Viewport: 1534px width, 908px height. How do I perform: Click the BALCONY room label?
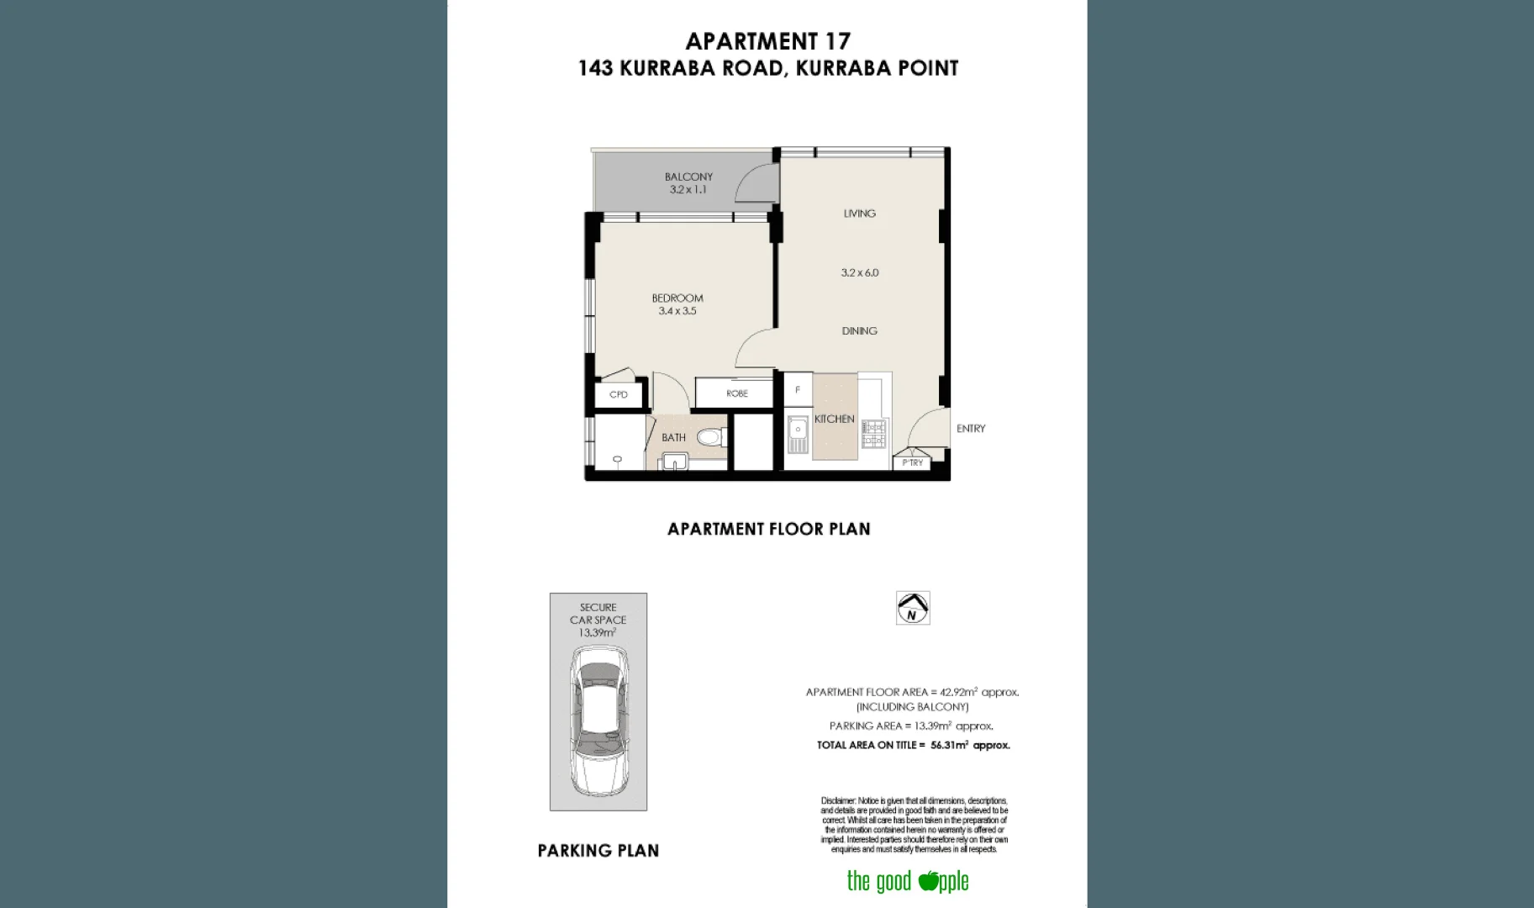click(688, 177)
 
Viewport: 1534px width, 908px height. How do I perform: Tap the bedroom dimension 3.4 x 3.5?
click(677, 311)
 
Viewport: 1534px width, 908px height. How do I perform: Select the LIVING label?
click(859, 214)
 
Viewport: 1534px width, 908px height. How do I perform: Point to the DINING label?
click(859, 331)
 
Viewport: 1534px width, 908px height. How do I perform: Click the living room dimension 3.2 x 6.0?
click(859, 272)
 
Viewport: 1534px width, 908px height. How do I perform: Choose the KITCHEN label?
click(834, 419)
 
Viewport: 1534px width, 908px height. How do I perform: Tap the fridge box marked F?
click(798, 390)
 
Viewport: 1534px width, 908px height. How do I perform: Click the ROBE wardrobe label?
click(736, 393)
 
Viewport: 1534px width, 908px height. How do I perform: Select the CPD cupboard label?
click(619, 394)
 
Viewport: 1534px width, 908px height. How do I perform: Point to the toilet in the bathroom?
click(709, 436)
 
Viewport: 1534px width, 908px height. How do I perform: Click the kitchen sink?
click(797, 434)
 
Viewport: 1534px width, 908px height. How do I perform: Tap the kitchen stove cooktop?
click(873, 434)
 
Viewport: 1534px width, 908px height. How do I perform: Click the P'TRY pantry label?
click(912, 462)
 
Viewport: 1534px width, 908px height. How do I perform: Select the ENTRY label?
click(970, 429)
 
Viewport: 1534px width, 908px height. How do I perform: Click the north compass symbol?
click(913, 608)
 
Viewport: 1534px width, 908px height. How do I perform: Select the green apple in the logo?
click(928, 880)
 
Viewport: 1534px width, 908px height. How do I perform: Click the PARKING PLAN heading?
click(598, 851)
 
